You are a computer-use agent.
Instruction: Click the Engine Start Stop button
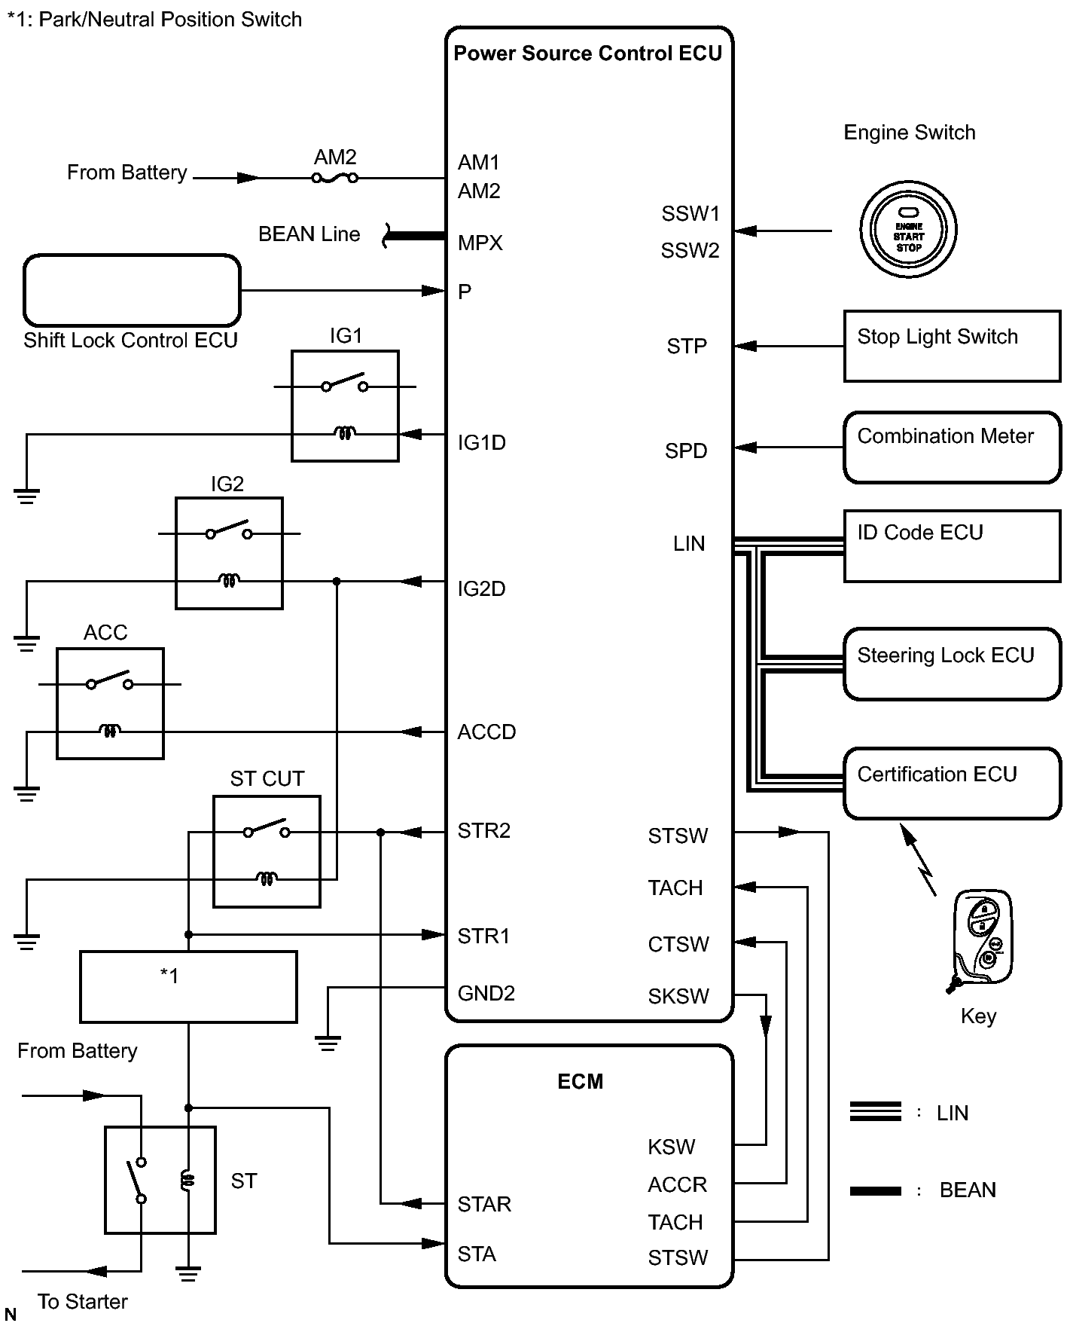pos(908,230)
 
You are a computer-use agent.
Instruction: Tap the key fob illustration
pos(981,939)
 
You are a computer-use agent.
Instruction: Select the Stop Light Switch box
pos(952,346)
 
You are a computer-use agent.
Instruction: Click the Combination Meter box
pos(952,447)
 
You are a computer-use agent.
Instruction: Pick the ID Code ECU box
pos(952,546)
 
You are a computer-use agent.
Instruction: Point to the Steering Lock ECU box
pos(952,664)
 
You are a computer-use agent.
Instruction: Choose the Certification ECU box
pos(952,783)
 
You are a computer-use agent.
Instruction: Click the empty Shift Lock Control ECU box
pos(132,291)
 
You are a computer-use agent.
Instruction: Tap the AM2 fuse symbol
pos(335,179)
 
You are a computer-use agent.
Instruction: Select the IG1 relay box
pos(345,405)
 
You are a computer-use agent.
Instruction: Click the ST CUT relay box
pos(267,851)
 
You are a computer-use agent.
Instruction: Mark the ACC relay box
pos(110,703)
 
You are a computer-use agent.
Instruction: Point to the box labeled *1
pos(188,987)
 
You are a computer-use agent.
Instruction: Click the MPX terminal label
pos(480,243)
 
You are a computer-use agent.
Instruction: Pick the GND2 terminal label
pos(486,994)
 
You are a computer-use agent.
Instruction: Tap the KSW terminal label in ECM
pos(671,1147)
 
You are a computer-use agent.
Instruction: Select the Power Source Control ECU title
pos(587,53)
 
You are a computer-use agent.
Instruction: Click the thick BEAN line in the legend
pos(875,1191)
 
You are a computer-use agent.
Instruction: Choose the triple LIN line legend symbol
pos(875,1111)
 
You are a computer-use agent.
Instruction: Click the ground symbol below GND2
pos(328,1043)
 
